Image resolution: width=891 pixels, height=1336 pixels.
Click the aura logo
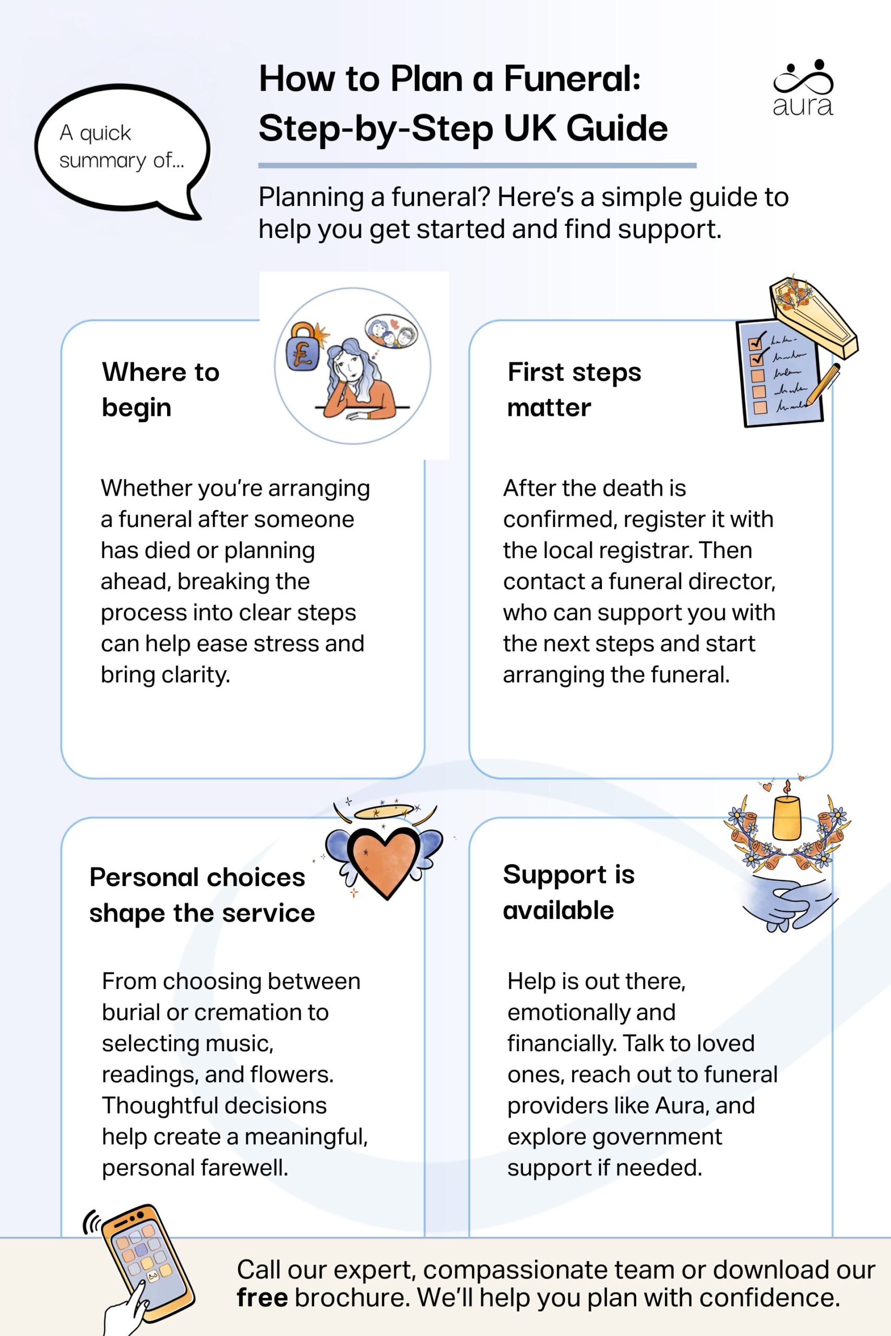[x=802, y=89]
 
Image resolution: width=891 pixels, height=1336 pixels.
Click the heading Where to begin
[x=160, y=390]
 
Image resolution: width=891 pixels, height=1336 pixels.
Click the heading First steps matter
[x=574, y=390]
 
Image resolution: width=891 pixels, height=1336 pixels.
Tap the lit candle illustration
[x=787, y=816]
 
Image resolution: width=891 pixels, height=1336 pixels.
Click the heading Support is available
[x=568, y=892]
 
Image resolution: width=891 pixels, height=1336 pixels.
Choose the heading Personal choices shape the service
[x=201, y=895]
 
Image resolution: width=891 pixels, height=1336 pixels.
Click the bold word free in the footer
[x=262, y=1298]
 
